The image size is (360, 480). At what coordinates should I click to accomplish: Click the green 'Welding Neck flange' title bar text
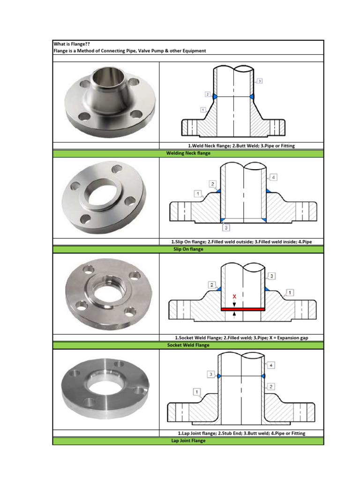pyautogui.click(x=188, y=153)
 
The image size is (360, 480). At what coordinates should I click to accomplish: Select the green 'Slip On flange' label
pyautogui.click(x=188, y=249)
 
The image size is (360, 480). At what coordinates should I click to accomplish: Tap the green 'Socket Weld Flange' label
pyautogui.click(x=188, y=345)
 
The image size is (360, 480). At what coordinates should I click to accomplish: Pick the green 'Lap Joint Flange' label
pyautogui.click(x=188, y=441)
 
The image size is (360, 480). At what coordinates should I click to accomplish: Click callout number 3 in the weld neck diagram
pyautogui.click(x=260, y=81)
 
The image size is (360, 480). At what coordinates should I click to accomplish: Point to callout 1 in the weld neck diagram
pyautogui.click(x=202, y=110)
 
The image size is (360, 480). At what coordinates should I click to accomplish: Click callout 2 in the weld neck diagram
pyautogui.click(x=207, y=94)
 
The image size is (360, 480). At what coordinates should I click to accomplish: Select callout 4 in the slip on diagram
pyautogui.click(x=274, y=177)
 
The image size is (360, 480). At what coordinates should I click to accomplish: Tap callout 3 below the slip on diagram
pyautogui.click(x=226, y=228)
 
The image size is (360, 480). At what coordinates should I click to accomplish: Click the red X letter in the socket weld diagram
pyautogui.click(x=234, y=296)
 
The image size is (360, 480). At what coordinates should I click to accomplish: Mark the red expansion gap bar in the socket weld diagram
pyautogui.click(x=242, y=309)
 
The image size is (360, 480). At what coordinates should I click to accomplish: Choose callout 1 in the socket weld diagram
pyautogui.click(x=290, y=292)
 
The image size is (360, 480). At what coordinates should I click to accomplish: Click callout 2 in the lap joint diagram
pyautogui.click(x=271, y=386)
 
